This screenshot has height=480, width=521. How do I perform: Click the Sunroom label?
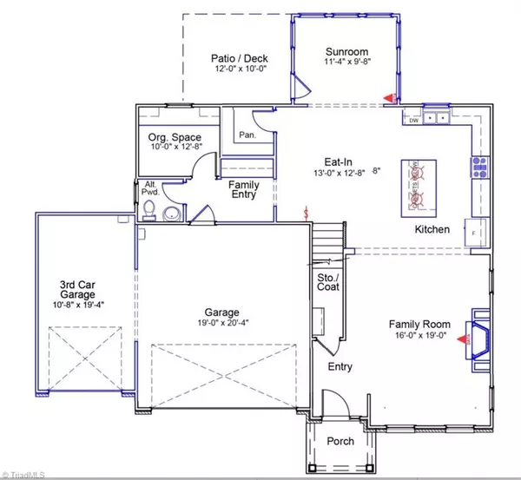[345, 51]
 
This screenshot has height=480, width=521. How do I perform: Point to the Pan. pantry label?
[247, 135]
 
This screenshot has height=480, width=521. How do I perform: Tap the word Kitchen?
[431, 229]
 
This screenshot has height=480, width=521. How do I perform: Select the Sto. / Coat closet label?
[327, 280]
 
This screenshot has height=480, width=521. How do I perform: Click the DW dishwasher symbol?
[413, 120]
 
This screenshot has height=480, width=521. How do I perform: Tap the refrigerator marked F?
[475, 233]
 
